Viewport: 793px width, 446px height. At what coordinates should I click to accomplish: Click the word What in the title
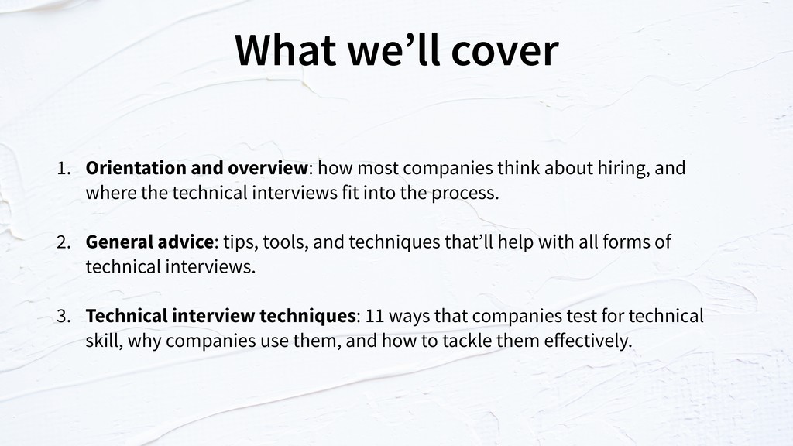286,50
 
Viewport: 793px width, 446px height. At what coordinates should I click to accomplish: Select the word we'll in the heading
393,50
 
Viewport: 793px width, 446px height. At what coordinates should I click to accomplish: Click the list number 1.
64,168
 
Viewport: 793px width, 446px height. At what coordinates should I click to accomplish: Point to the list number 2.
64,242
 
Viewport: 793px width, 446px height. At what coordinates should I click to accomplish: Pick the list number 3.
64,316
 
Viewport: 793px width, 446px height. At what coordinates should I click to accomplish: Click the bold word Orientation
136,168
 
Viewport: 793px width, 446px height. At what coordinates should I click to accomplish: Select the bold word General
118,242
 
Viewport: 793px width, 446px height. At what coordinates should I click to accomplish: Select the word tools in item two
285,242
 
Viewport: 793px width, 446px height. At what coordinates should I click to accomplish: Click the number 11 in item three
374,316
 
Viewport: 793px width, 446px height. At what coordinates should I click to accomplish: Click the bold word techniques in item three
307,317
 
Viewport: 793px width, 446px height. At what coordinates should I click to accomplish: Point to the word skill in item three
105,341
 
